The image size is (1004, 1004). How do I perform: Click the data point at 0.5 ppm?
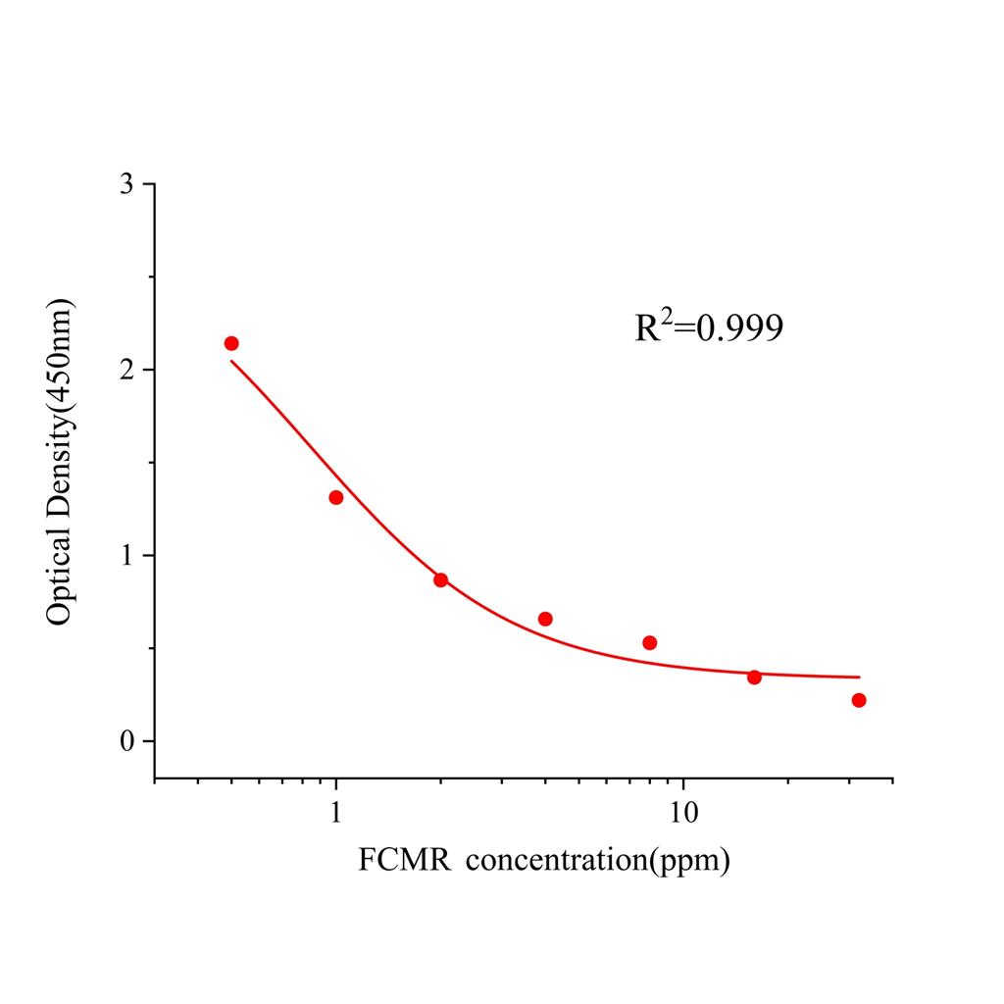(231, 343)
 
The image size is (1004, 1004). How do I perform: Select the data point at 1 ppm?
(336, 497)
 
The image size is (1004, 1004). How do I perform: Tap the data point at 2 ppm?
(440, 579)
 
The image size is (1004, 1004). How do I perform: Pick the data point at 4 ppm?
(545, 619)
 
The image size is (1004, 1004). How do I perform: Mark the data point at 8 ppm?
(649, 642)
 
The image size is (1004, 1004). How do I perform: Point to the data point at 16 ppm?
(754, 678)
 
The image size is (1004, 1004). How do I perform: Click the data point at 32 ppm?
(859, 700)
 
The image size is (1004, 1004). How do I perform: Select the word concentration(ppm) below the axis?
(598, 862)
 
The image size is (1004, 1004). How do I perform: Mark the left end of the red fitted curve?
(231, 361)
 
